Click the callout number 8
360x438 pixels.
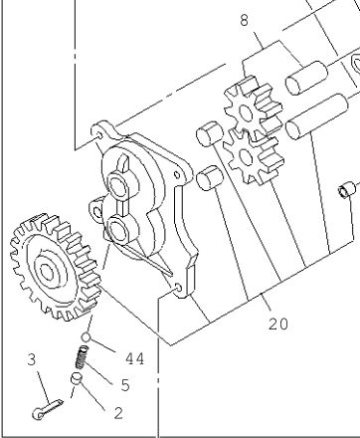pos(244,20)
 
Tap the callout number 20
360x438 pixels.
pos(278,324)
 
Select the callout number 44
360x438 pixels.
pos(135,358)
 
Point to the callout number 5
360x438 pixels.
pos(125,385)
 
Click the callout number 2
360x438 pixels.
pos(118,413)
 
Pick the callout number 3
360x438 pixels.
pos(32,359)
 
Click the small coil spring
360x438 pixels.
pos(82,357)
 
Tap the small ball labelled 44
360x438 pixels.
pos(86,337)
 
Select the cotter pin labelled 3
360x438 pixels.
pos(48,409)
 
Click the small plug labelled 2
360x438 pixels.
pos(77,379)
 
